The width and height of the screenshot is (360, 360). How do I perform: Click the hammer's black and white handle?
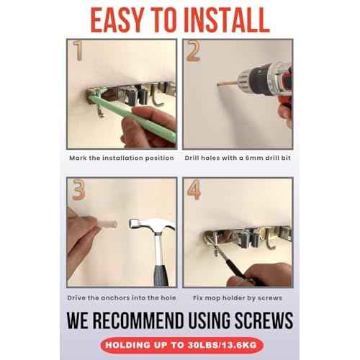coord(158,263)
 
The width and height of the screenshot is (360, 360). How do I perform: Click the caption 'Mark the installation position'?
coord(121,158)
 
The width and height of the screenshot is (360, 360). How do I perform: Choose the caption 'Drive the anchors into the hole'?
coord(121,297)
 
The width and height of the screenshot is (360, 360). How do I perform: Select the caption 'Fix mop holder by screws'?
coord(238,297)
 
